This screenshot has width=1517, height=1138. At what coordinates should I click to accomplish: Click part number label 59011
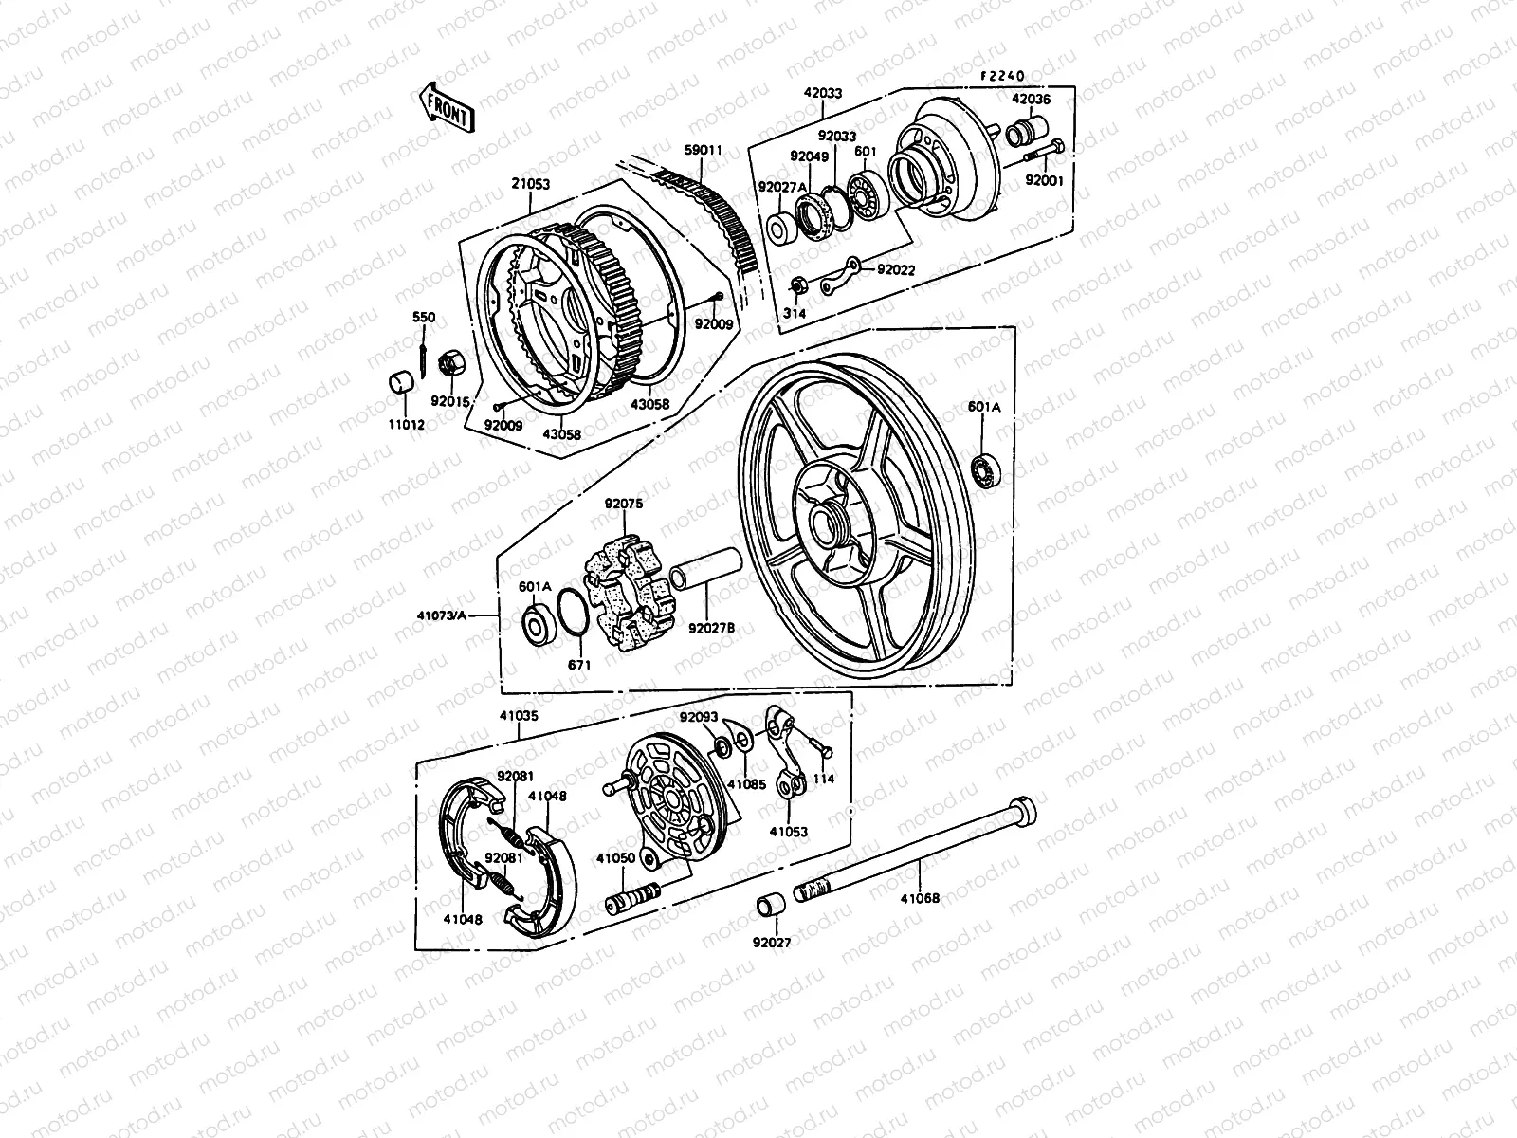(x=704, y=150)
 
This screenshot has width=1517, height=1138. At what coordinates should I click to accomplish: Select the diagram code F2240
(x=1003, y=76)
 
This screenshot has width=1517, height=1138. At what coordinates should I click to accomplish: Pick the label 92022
(x=896, y=269)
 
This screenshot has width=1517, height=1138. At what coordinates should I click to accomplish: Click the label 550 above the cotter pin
(x=423, y=317)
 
